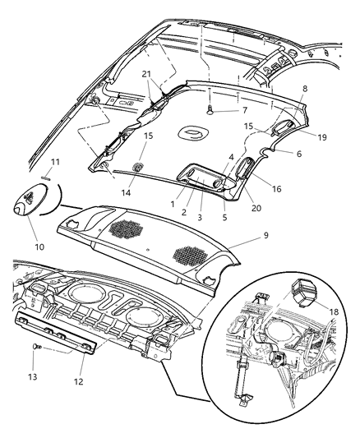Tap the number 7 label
click(220, 109)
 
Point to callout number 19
click(322, 137)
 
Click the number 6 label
click(298, 154)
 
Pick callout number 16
click(277, 189)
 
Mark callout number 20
click(256, 208)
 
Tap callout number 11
click(47, 163)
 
